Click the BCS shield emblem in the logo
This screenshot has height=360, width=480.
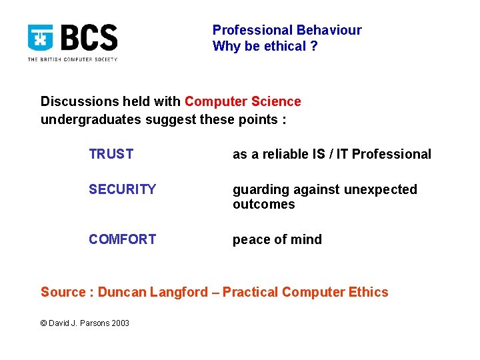[40, 39]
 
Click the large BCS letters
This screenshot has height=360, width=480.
[89, 38]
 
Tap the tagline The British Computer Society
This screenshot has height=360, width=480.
[72, 59]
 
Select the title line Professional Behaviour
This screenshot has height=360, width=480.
[287, 30]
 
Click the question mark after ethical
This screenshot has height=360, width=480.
[314, 47]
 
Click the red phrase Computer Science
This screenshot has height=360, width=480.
[243, 101]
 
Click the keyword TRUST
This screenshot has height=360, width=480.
[111, 154]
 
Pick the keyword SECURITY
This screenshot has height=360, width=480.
[122, 189]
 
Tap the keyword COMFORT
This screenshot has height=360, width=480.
[122, 239]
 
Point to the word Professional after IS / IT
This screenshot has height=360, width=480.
[391, 154]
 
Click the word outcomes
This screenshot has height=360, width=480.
[263, 204]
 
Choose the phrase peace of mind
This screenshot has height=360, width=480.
[277, 239]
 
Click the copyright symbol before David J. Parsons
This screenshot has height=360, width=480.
[44, 323]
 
